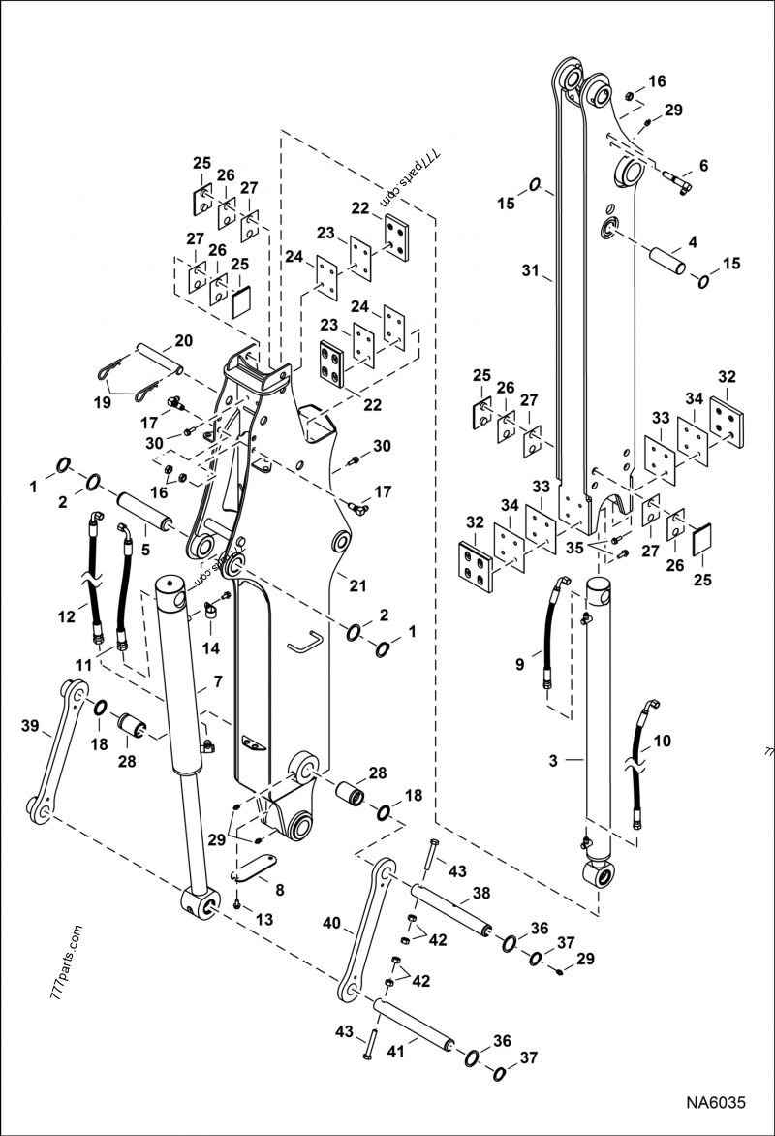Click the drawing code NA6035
[x=716, y=1102]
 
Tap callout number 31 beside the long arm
[x=529, y=272]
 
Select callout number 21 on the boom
[x=358, y=584]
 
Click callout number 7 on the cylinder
[x=219, y=681]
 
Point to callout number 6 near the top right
[x=703, y=166]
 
